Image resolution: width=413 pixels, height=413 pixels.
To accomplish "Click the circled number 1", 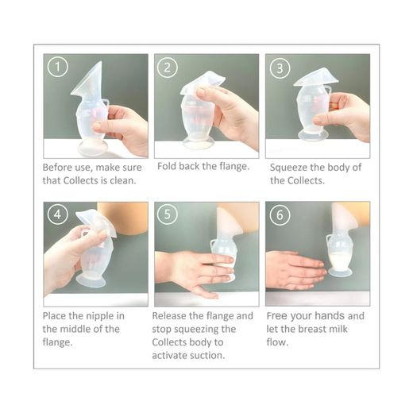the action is (x=58, y=67).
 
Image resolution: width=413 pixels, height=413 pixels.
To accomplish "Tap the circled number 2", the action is (x=168, y=68).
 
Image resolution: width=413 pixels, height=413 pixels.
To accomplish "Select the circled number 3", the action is (x=280, y=68).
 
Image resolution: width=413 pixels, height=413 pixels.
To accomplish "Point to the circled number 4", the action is (x=58, y=214).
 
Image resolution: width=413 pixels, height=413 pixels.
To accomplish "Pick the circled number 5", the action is (x=168, y=214).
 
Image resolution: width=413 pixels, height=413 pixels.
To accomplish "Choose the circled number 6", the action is (x=280, y=214).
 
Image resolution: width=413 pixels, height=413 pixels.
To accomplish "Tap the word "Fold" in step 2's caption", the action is (x=167, y=166).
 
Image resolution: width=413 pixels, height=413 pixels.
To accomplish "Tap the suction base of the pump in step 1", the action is (x=92, y=149).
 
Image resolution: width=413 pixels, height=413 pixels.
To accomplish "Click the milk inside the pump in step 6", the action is (x=340, y=260).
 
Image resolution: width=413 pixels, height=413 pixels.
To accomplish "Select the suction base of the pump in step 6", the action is (x=340, y=272).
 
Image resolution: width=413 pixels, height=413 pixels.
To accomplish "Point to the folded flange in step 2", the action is (x=203, y=83).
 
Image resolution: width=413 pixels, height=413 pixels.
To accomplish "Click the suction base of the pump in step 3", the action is (x=313, y=135).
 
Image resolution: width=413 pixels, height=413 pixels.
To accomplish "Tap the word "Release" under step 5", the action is (x=168, y=315).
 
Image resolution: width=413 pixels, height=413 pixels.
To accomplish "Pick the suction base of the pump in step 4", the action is (x=91, y=280).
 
